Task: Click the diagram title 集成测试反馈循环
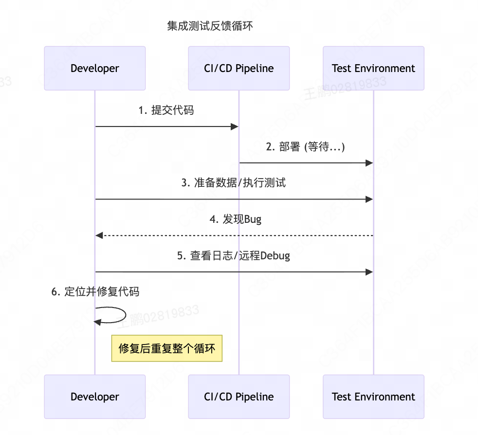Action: point(210,26)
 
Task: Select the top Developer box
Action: point(95,68)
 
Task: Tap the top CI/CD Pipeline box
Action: point(239,68)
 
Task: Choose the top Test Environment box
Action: point(373,68)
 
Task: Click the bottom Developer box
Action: point(95,397)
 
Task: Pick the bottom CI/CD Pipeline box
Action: point(239,397)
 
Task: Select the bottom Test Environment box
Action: point(373,397)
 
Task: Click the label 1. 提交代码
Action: point(166,110)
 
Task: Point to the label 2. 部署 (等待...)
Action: point(305,147)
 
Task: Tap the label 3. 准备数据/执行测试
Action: point(234,183)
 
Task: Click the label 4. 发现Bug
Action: point(236,219)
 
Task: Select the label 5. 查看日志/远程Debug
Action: point(234,255)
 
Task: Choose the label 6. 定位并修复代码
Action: point(95,292)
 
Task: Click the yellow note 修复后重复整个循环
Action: point(167,348)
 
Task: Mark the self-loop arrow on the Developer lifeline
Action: point(117,315)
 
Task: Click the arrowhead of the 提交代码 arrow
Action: point(234,127)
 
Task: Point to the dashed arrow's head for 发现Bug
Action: point(99,236)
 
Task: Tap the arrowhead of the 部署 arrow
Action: point(369,163)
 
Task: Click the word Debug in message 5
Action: point(276,255)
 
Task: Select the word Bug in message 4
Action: point(253,219)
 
